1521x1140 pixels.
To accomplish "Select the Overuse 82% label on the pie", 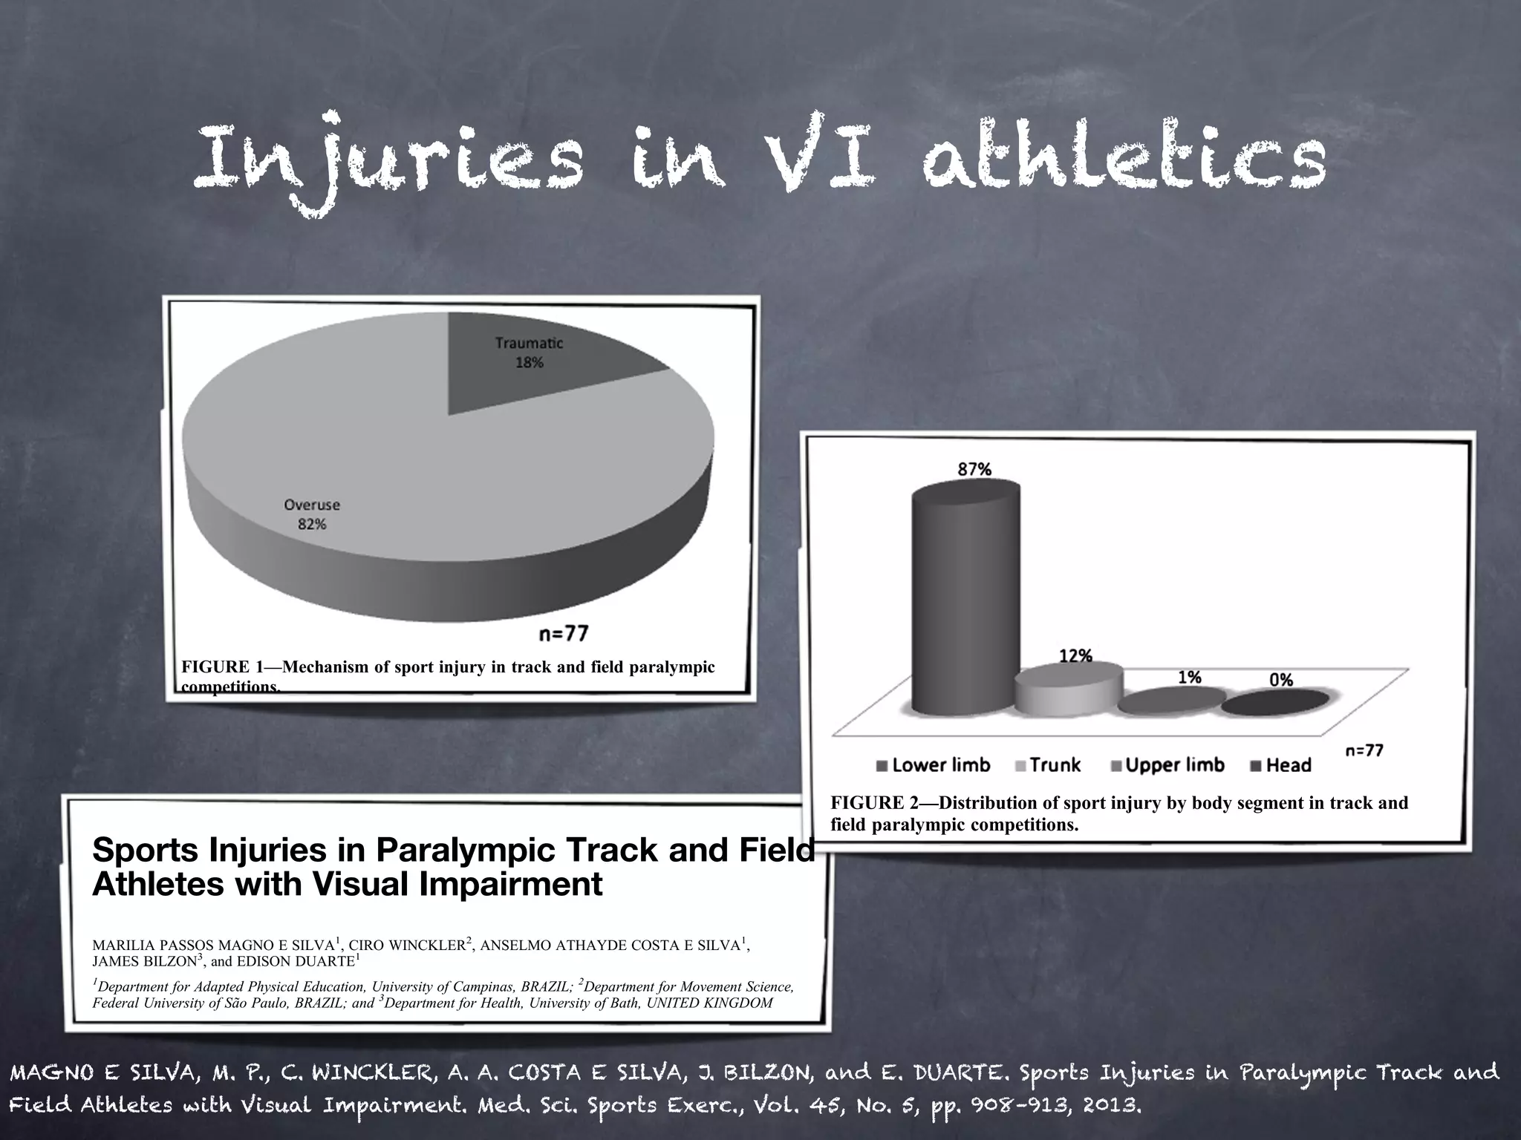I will pyautogui.click(x=312, y=514).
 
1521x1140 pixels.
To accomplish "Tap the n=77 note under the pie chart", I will pyautogui.click(x=564, y=633).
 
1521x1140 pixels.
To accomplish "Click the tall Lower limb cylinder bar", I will pyautogui.click(x=965, y=601).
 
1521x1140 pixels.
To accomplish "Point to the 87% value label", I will pyautogui.click(x=974, y=469).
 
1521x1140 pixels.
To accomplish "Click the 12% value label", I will pyautogui.click(x=1075, y=655).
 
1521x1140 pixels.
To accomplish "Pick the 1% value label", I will pyautogui.click(x=1189, y=677).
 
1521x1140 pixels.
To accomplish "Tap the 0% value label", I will pyautogui.click(x=1280, y=679).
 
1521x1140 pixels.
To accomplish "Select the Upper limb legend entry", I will pyautogui.click(x=1167, y=765).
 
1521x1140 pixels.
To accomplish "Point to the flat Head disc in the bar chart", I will pyautogui.click(x=1275, y=702).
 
